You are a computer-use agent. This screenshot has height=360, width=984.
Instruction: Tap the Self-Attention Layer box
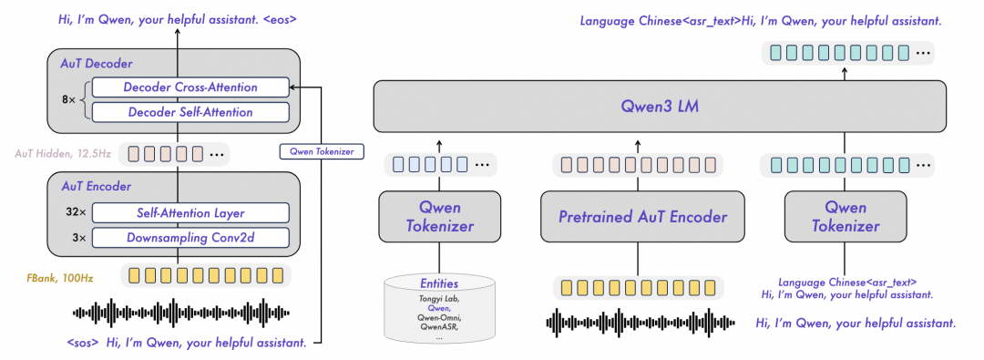191,213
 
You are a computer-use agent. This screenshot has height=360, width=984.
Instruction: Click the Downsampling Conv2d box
191,238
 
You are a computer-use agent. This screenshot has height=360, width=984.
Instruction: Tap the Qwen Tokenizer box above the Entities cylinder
439,217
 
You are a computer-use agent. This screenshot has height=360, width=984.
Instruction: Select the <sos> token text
83,344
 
